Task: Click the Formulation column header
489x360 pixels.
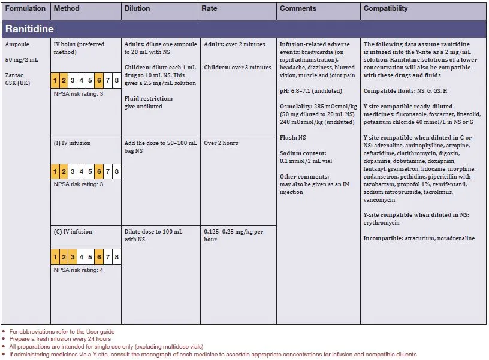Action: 25,9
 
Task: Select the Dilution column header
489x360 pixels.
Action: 137,9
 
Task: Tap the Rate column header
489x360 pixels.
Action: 209,9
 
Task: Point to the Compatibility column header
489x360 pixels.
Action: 385,9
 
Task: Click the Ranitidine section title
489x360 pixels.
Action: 31,29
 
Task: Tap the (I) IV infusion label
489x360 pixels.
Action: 73,144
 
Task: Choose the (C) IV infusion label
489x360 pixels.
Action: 73,232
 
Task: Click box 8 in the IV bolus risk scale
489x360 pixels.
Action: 116,80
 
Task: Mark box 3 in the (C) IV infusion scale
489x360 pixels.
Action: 72,257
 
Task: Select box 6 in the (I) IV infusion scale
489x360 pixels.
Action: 98,172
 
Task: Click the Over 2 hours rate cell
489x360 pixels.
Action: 221,144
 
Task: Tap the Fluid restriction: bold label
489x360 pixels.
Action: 148,98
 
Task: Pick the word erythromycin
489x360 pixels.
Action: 382,223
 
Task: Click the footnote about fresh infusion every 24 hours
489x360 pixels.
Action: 61,339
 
